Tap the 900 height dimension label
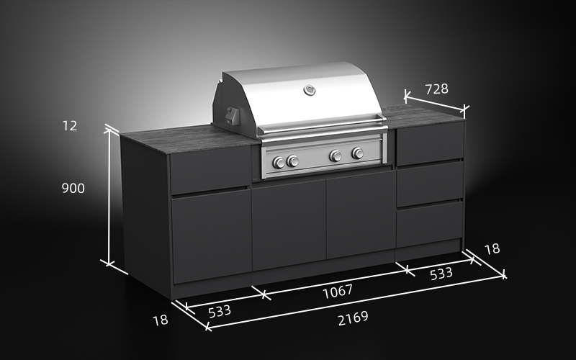pyautogui.click(x=72, y=189)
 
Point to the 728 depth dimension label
pyautogui.click(x=436, y=89)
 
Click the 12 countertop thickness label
pyautogui.click(x=70, y=125)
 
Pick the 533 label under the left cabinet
pyautogui.click(x=219, y=310)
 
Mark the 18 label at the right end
pyautogui.click(x=492, y=249)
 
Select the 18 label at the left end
pyautogui.click(x=160, y=320)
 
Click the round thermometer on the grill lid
pyautogui.click(x=310, y=90)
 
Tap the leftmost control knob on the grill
pyautogui.click(x=279, y=162)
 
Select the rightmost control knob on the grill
pyautogui.click(x=358, y=153)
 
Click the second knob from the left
pyautogui.click(x=293, y=161)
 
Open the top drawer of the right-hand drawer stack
pyautogui.click(x=430, y=145)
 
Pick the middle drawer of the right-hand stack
pyautogui.click(x=429, y=183)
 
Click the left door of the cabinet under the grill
pyautogui.click(x=288, y=225)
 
